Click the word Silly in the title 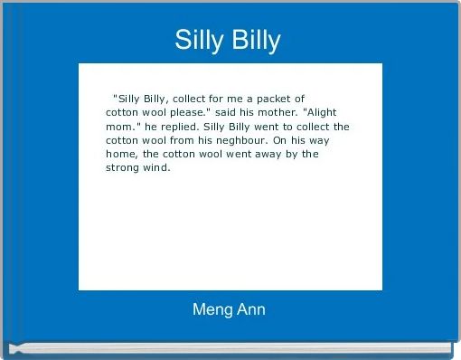[198, 40]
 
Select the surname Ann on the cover [250, 309]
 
